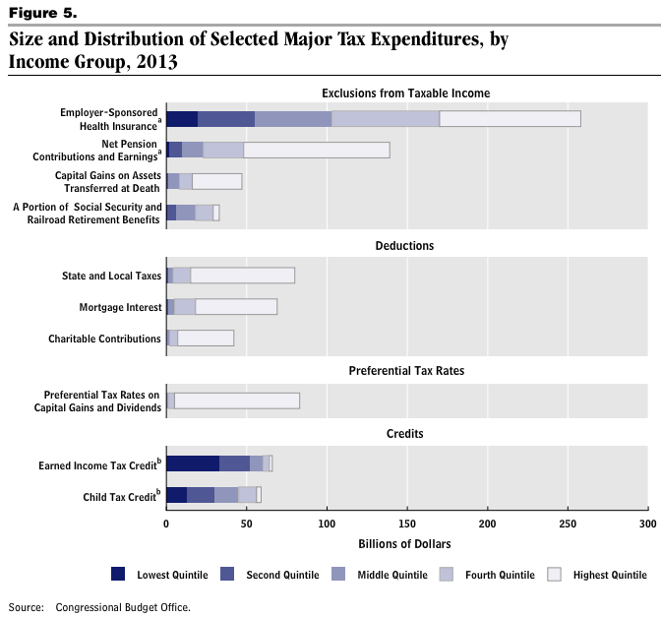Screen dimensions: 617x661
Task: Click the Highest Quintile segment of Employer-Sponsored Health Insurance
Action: pos(510,119)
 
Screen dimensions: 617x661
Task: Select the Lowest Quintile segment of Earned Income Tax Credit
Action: pos(193,463)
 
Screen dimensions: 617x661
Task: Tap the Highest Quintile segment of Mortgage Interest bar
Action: pos(236,307)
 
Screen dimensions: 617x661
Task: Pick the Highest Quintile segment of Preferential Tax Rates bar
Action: pos(236,401)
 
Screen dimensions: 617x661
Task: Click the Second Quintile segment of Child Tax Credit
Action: pos(201,495)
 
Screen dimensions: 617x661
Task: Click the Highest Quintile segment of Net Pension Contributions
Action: pos(317,151)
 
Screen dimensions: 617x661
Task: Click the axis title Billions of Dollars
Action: pos(406,543)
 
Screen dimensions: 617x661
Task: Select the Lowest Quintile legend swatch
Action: pos(119,575)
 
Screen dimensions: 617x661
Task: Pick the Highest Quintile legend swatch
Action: pos(553,575)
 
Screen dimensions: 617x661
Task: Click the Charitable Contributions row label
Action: pos(104,339)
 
